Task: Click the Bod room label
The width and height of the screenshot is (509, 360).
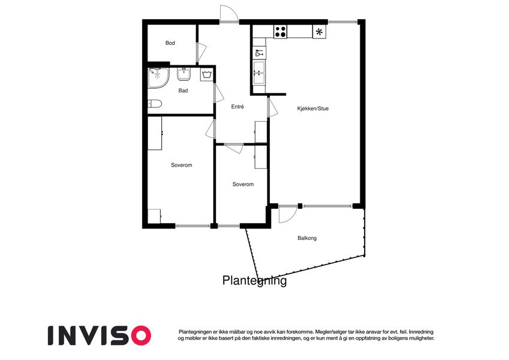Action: (x=170, y=43)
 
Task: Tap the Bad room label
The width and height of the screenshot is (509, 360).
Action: (x=183, y=91)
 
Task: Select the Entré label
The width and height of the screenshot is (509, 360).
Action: (x=237, y=107)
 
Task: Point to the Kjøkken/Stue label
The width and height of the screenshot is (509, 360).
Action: (x=312, y=109)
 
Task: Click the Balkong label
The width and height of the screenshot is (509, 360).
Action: (x=307, y=238)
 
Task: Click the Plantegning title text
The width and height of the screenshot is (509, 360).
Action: (x=254, y=280)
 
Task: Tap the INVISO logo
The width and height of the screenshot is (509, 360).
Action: (x=100, y=335)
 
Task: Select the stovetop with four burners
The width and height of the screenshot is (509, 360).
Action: (x=281, y=32)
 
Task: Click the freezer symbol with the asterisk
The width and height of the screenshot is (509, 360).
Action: (x=319, y=32)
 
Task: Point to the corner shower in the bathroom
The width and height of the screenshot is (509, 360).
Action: (x=158, y=77)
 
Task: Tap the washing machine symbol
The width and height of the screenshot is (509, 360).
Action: (x=207, y=75)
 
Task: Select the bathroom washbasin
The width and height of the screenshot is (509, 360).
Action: (x=184, y=74)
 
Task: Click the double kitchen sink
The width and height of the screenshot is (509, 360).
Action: (x=259, y=73)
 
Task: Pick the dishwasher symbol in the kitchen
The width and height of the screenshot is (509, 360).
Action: (x=259, y=53)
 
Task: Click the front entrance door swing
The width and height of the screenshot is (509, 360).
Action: (x=229, y=14)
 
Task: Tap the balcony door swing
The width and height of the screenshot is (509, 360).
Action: (x=288, y=214)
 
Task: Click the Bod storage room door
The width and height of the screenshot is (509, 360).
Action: (x=201, y=52)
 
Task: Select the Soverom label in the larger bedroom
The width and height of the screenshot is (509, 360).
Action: (x=182, y=165)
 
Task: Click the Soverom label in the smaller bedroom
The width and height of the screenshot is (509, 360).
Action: (x=243, y=184)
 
